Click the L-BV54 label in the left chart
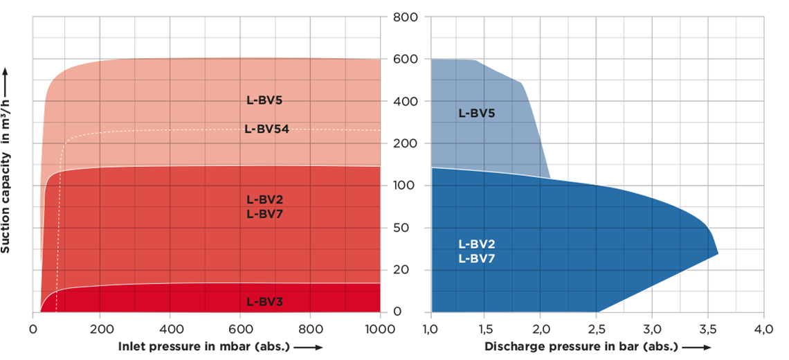click(266, 129)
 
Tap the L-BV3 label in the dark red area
click(264, 302)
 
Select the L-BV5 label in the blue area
click(476, 113)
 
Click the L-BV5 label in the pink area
click(264, 100)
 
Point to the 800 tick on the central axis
click(406, 17)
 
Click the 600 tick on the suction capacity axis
click(406, 60)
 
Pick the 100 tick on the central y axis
click(406, 186)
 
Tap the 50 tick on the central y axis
click(406, 228)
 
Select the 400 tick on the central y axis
click(406, 102)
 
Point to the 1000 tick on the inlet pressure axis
click(381, 327)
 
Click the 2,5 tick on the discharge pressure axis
click(597, 327)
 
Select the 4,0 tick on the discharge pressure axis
click(763, 327)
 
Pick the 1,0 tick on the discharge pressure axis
click(430, 327)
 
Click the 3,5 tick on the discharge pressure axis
click(708, 327)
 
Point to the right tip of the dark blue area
click(718, 253)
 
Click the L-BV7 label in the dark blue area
click(476, 258)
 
